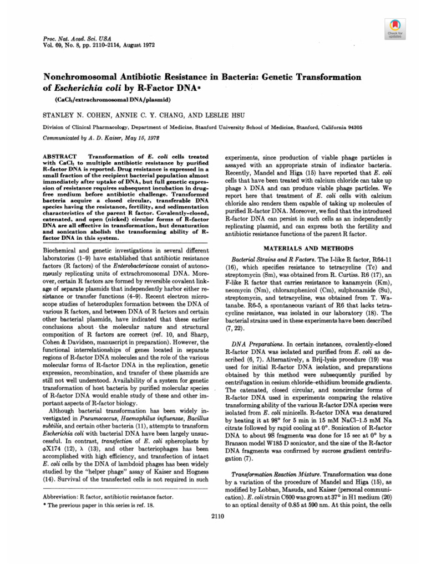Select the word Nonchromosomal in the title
[x=81, y=77]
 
